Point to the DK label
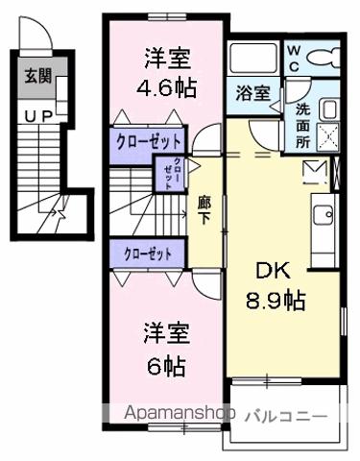273,271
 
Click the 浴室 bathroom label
254,94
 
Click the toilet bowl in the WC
328,55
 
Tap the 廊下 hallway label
204,208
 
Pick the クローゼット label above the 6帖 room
149,255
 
